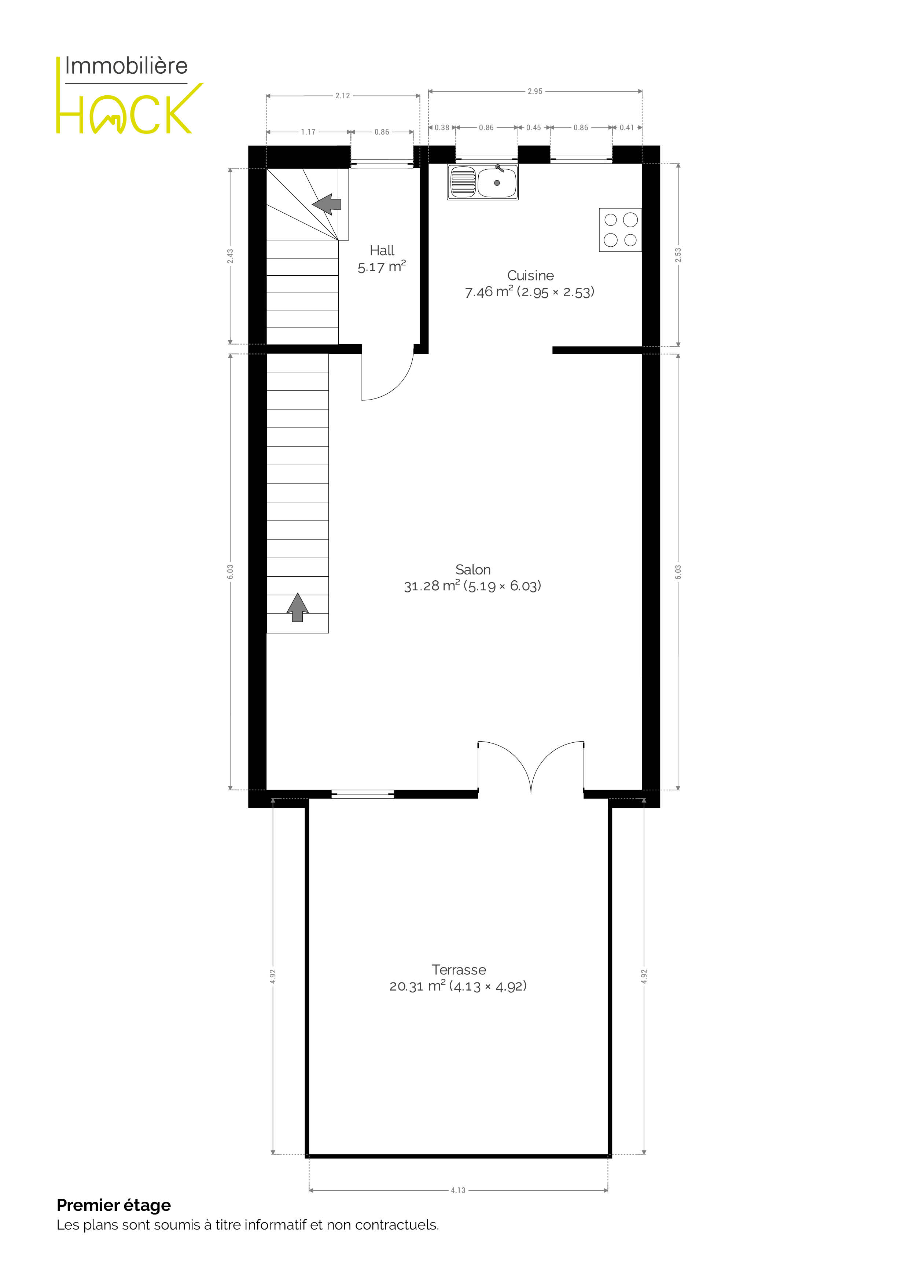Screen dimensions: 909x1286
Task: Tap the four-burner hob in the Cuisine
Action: tap(620, 229)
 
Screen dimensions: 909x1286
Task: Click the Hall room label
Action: tap(382, 258)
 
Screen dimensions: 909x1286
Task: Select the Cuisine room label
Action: tap(530, 283)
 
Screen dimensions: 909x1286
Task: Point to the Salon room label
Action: tap(473, 577)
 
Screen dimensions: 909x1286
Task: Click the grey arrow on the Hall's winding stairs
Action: tap(327, 205)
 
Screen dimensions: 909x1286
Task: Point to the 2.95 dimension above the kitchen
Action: tap(535, 91)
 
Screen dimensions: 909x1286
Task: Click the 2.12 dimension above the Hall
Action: tap(343, 96)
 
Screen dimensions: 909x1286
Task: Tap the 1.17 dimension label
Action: tap(308, 132)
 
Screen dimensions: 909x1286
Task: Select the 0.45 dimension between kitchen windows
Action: tap(534, 128)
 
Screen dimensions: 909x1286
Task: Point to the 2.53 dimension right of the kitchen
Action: tap(678, 255)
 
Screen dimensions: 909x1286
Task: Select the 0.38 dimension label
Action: tap(442, 128)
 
